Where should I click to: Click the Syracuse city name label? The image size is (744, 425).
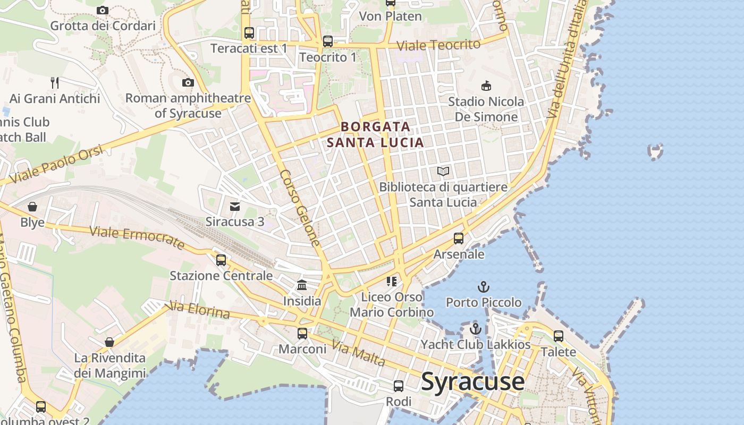point(472,381)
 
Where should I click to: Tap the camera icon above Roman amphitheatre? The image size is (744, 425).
point(188,82)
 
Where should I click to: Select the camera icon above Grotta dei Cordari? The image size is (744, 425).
point(103,10)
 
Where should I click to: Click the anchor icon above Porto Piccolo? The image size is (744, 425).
point(483,287)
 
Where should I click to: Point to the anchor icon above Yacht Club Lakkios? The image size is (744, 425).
point(476,329)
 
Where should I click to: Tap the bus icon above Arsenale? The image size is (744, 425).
point(459,239)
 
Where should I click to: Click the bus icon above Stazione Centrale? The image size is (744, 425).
point(221,260)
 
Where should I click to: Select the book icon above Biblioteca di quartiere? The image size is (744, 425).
point(443,171)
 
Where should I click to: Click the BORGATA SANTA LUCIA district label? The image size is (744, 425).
point(375,134)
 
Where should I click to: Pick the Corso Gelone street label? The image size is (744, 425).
point(300,208)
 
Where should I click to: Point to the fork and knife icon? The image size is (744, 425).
point(54,82)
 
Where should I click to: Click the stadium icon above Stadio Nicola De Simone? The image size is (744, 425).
point(486,86)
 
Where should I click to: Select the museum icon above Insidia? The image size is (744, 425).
point(302,285)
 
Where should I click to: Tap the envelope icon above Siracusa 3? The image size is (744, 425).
point(234,206)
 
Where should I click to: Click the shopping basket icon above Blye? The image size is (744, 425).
point(32,206)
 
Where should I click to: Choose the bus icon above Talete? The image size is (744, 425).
point(558,336)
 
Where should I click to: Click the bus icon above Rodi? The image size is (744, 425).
point(399,386)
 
